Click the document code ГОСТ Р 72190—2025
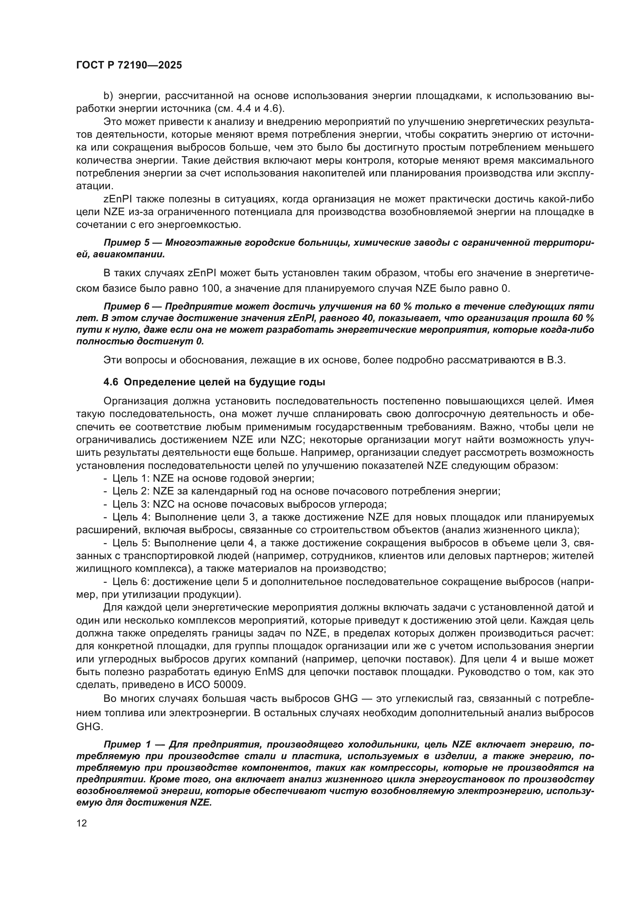tap(129, 65)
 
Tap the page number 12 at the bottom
tap(82, 823)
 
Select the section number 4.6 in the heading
tap(111, 382)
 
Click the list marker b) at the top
tap(108, 96)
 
